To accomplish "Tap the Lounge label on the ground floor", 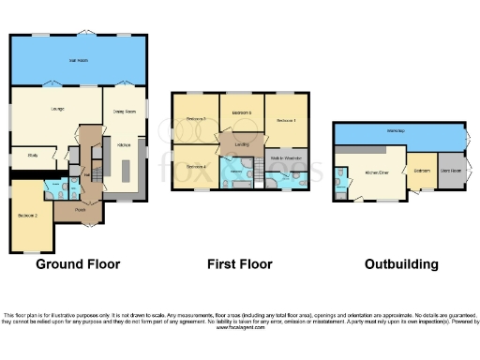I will [x=55, y=109].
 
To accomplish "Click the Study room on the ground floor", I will [x=33, y=156].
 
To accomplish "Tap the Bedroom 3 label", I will [x=195, y=119].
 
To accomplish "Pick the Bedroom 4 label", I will [x=195, y=166].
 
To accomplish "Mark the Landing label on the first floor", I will [x=241, y=144].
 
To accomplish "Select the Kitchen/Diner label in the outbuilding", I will [x=376, y=172].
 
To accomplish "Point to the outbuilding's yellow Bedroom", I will [x=423, y=171].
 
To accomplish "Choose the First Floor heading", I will [x=240, y=264].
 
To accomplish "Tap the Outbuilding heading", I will [x=401, y=264].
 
